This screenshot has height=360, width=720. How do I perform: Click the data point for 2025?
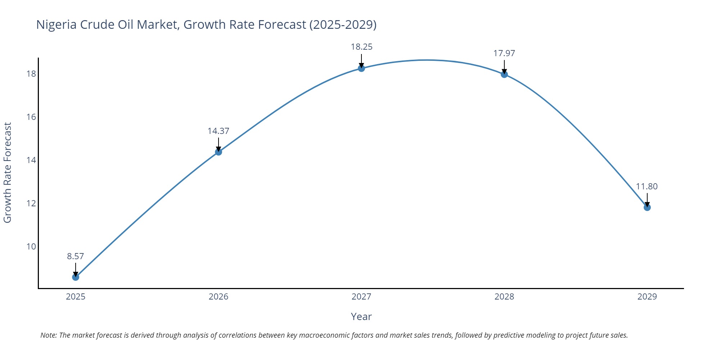pyautogui.click(x=76, y=277)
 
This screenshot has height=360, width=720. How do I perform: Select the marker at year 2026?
pyautogui.click(x=219, y=152)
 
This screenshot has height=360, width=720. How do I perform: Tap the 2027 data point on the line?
pyautogui.click(x=361, y=68)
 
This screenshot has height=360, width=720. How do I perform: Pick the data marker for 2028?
pyautogui.click(x=504, y=74)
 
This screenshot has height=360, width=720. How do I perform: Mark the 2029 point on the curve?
pyautogui.click(x=647, y=207)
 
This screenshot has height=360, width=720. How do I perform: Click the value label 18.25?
pyautogui.click(x=361, y=47)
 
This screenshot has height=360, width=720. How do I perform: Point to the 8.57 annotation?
pyautogui.click(x=75, y=256)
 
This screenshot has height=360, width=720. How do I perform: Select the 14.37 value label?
pyautogui.click(x=218, y=131)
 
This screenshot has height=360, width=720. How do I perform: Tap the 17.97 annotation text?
pyautogui.click(x=504, y=53)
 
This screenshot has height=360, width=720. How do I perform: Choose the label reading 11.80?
pyautogui.click(x=647, y=186)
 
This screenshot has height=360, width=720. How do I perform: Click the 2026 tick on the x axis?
pyautogui.click(x=219, y=297)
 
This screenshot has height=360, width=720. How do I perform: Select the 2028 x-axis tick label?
pyautogui.click(x=504, y=297)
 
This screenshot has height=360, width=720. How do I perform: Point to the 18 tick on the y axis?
pyautogui.click(x=31, y=74)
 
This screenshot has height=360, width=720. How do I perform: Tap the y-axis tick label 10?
pyautogui.click(x=31, y=247)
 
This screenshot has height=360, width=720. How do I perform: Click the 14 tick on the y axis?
pyautogui.click(x=31, y=160)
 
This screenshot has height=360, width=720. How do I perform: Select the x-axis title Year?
pyautogui.click(x=361, y=317)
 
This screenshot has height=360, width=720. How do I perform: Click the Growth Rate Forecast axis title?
pyautogui.click(x=8, y=173)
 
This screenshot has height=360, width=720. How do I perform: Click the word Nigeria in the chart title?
pyautogui.click(x=56, y=24)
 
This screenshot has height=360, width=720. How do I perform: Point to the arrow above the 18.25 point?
pyautogui.click(x=361, y=61)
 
